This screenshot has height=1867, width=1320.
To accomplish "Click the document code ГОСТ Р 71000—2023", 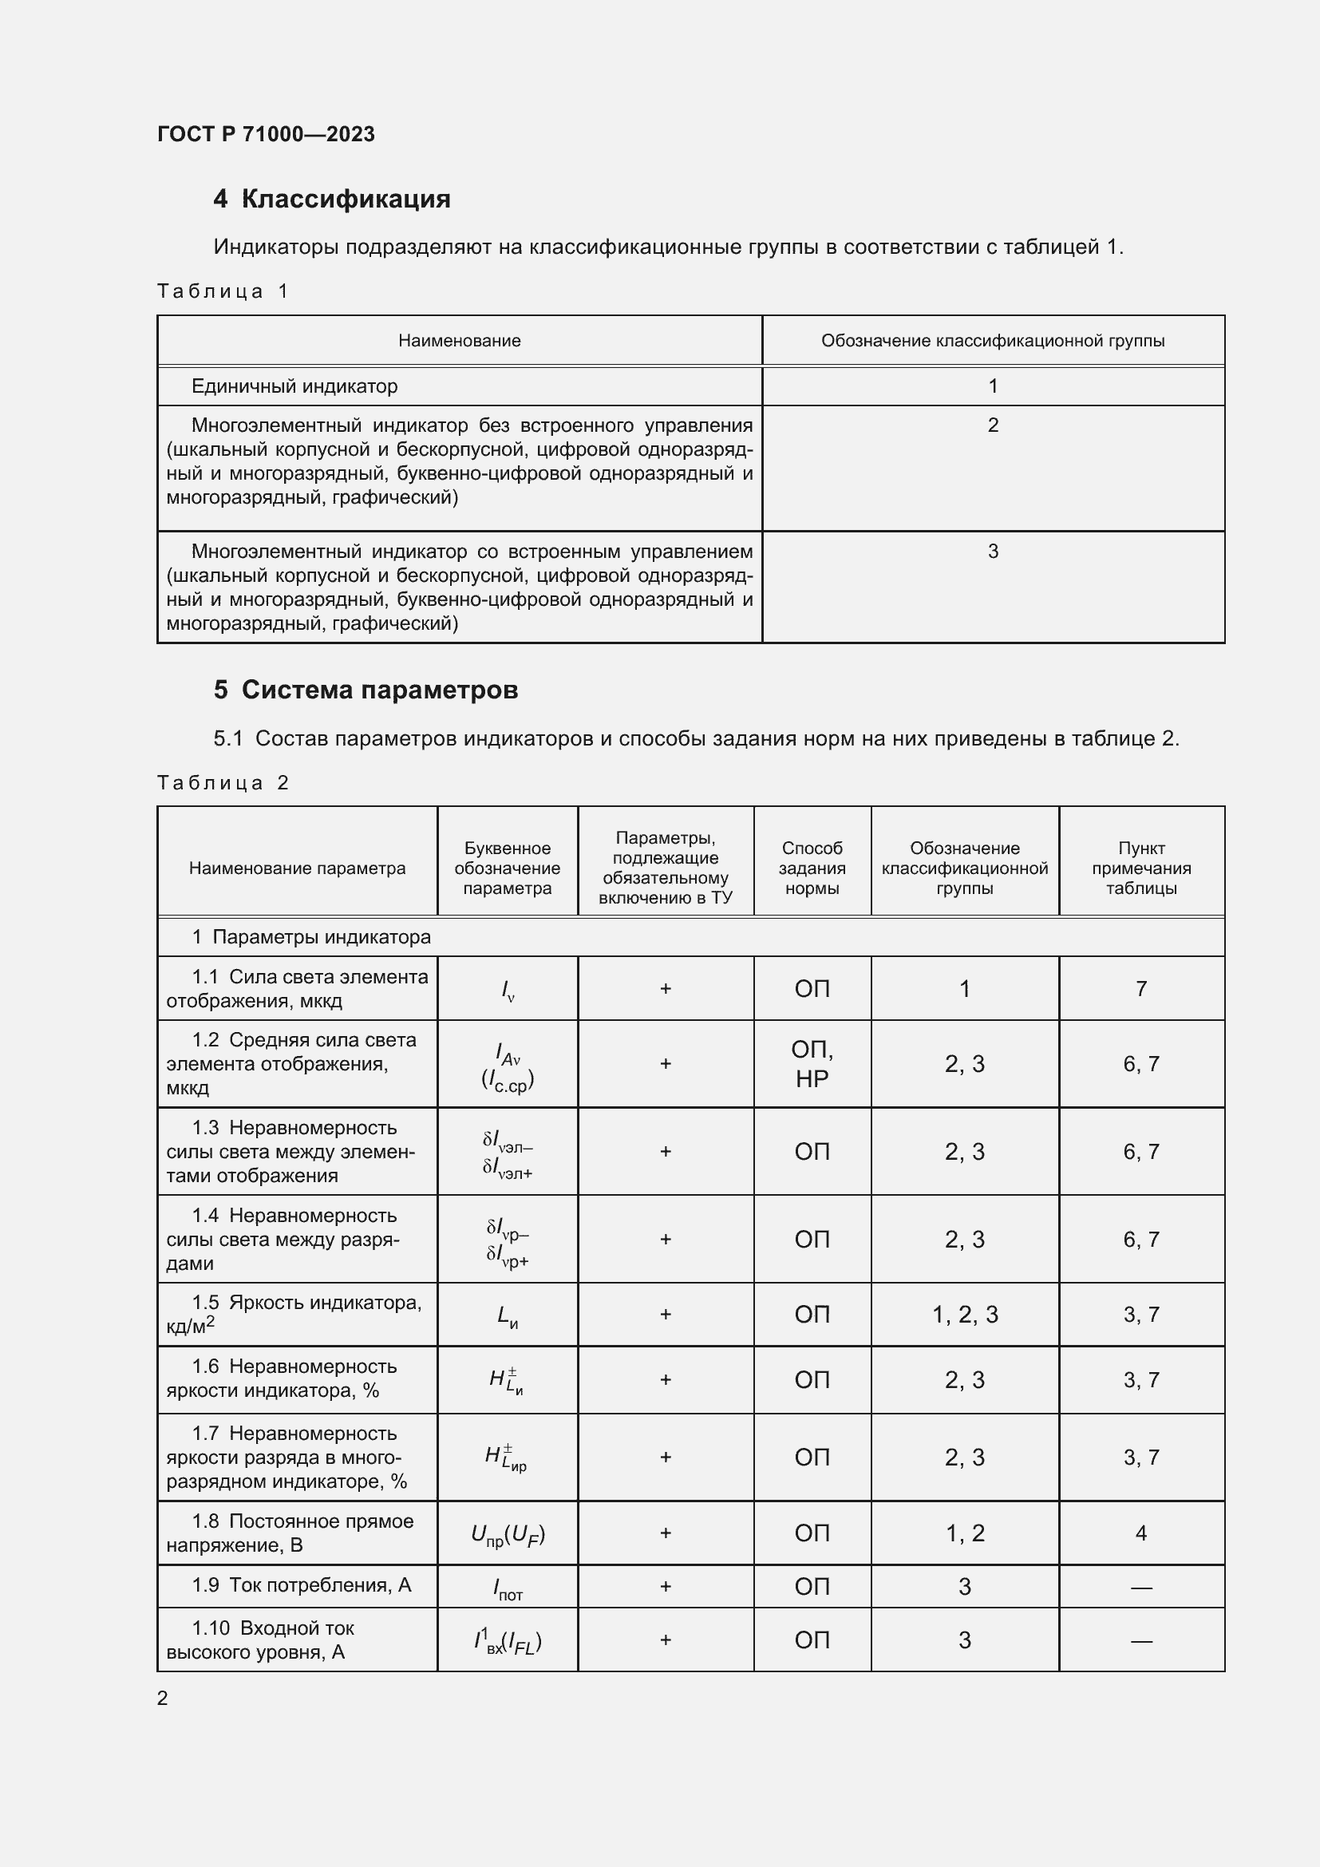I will [266, 134].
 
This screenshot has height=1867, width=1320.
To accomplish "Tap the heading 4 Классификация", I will [332, 199].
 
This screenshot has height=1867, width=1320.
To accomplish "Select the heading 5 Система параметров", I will [366, 690].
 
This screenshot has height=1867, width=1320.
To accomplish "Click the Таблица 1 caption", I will [223, 291].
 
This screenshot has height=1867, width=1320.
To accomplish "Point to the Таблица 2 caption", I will [223, 783].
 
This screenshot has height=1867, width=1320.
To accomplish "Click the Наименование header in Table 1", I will [459, 341].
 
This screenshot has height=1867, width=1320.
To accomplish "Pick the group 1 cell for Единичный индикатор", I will [993, 386].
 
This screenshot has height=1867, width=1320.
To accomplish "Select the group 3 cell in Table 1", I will [993, 552].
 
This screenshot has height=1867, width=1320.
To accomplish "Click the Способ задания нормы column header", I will [811, 868].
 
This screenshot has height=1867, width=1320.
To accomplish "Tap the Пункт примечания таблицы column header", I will [1140, 868].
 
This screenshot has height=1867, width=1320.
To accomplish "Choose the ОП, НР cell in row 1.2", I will [811, 1063].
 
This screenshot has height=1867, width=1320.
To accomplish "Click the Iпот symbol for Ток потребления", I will [508, 1588].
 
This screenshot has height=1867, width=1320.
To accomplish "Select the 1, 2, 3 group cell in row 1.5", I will [965, 1314].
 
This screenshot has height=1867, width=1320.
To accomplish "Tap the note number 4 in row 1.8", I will [1140, 1533].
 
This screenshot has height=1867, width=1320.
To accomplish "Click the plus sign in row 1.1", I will [665, 989].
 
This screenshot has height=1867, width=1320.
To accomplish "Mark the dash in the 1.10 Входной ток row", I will [1140, 1641].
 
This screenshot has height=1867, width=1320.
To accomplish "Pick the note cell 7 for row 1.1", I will [1140, 989].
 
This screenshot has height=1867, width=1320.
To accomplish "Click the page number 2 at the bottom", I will [163, 1698].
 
